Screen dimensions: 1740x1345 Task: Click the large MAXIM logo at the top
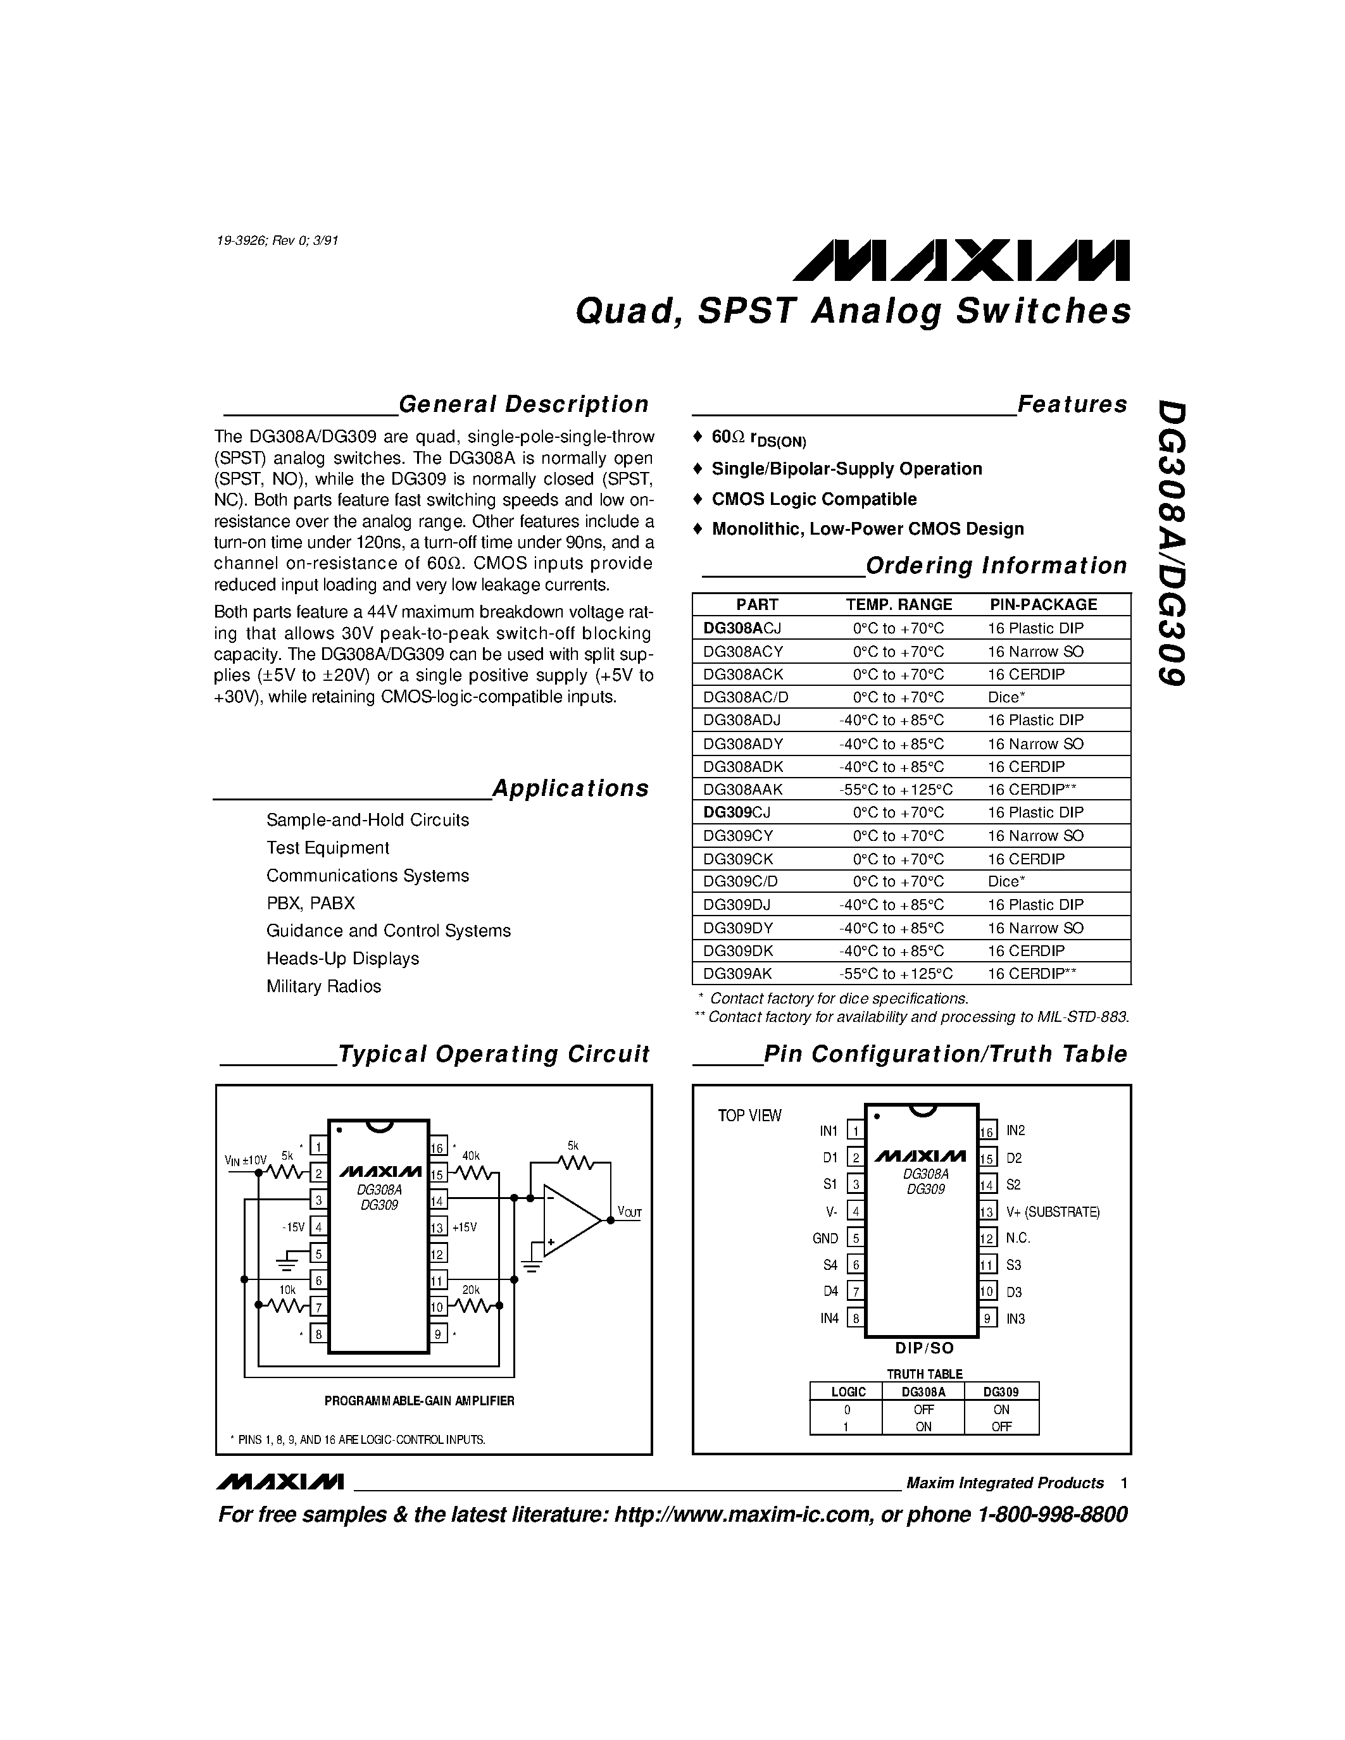pos(960,261)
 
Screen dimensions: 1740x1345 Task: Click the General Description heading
pos(523,405)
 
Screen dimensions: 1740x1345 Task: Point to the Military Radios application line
pos(323,986)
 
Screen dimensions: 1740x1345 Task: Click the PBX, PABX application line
pos(311,904)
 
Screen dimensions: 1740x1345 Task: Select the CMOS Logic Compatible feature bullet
pos(813,499)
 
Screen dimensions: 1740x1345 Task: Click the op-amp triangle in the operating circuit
pos(569,1221)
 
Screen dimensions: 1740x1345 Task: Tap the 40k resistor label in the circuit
pos(471,1156)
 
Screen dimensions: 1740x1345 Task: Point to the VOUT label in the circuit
pos(629,1212)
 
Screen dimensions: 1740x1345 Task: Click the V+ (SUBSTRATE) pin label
pos(1053,1212)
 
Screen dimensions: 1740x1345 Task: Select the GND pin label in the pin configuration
pos(825,1238)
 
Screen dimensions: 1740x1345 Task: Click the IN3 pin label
pos(1015,1319)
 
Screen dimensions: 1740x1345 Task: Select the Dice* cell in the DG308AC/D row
pos(1006,697)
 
